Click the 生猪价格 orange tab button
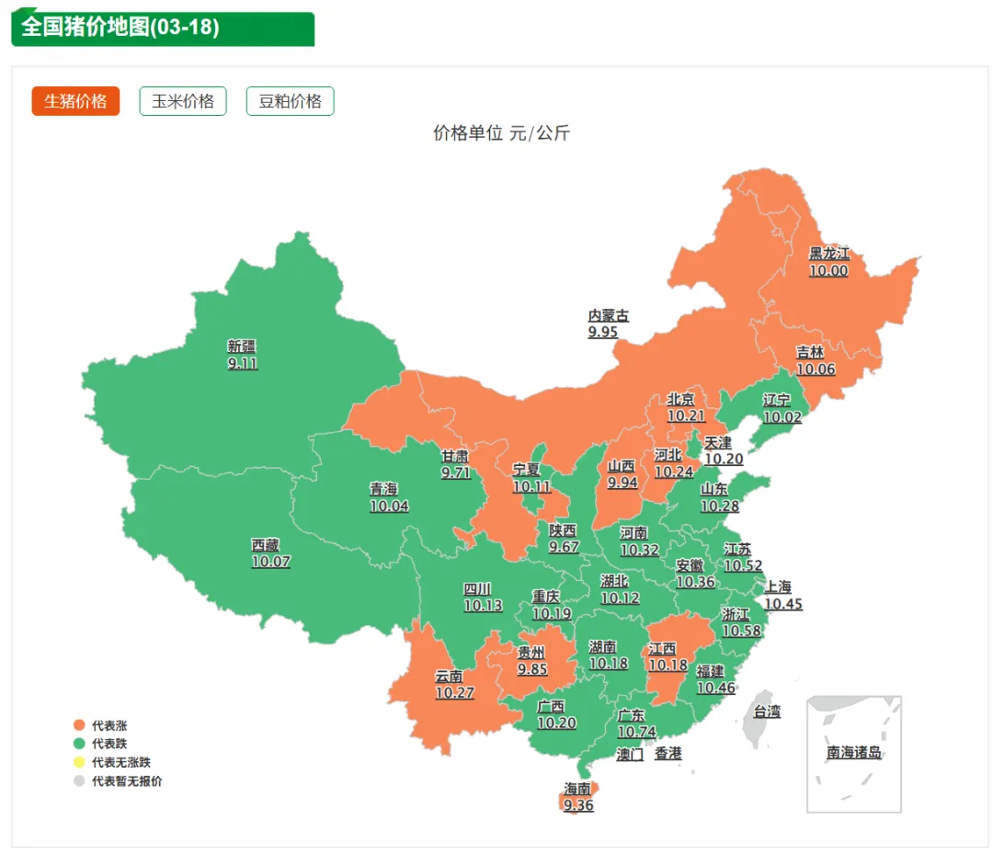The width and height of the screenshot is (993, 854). (75, 101)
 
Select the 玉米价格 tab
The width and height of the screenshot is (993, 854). (183, 101)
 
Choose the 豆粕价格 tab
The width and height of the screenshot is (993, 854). (290, 101)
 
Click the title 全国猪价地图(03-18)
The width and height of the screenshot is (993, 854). (120, 28)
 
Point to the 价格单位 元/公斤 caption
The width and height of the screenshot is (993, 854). (502, 133)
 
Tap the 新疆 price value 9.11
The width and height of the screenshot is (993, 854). (243, 363)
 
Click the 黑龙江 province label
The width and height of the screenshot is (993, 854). (828, 253)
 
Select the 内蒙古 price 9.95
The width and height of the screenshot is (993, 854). (603, 332)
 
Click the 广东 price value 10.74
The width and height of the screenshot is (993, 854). (636, 732)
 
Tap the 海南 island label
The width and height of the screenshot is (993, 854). (578, 789)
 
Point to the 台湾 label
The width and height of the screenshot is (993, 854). (767, 711)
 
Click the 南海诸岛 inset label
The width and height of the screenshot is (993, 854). (854, 753)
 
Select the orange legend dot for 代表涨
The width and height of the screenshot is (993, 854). (79, 725)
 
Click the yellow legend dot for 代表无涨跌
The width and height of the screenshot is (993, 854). (79, 762)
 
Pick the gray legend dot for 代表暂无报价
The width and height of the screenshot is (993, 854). (79, 781)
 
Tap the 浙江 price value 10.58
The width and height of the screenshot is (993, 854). (741, 631)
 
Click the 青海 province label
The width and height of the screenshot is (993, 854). (384, 489)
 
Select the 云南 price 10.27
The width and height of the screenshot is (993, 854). (454, 693)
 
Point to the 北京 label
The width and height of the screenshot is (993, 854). (681, 399)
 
